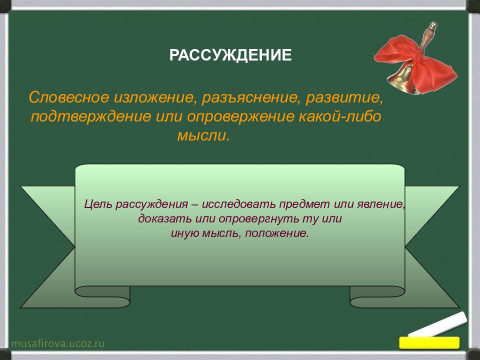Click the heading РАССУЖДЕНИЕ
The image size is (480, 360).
[x=230, y=55]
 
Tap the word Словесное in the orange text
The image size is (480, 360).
[x=69, y=97]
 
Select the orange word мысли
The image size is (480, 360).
[x=203, y=135]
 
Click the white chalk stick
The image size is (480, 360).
[x=438, y=325]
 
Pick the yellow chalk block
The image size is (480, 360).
[x=429, y=343]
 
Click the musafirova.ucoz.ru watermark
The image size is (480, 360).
[x=58, y=343]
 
